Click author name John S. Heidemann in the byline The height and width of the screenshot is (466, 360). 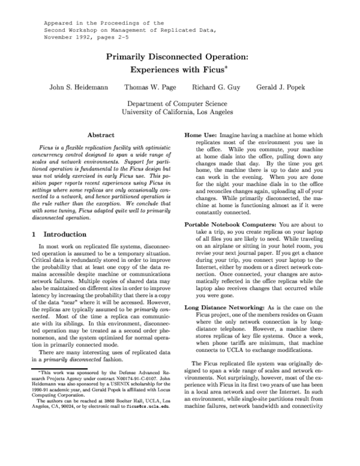79,87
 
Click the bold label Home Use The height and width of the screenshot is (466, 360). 200,136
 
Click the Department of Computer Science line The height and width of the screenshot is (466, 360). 180,103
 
